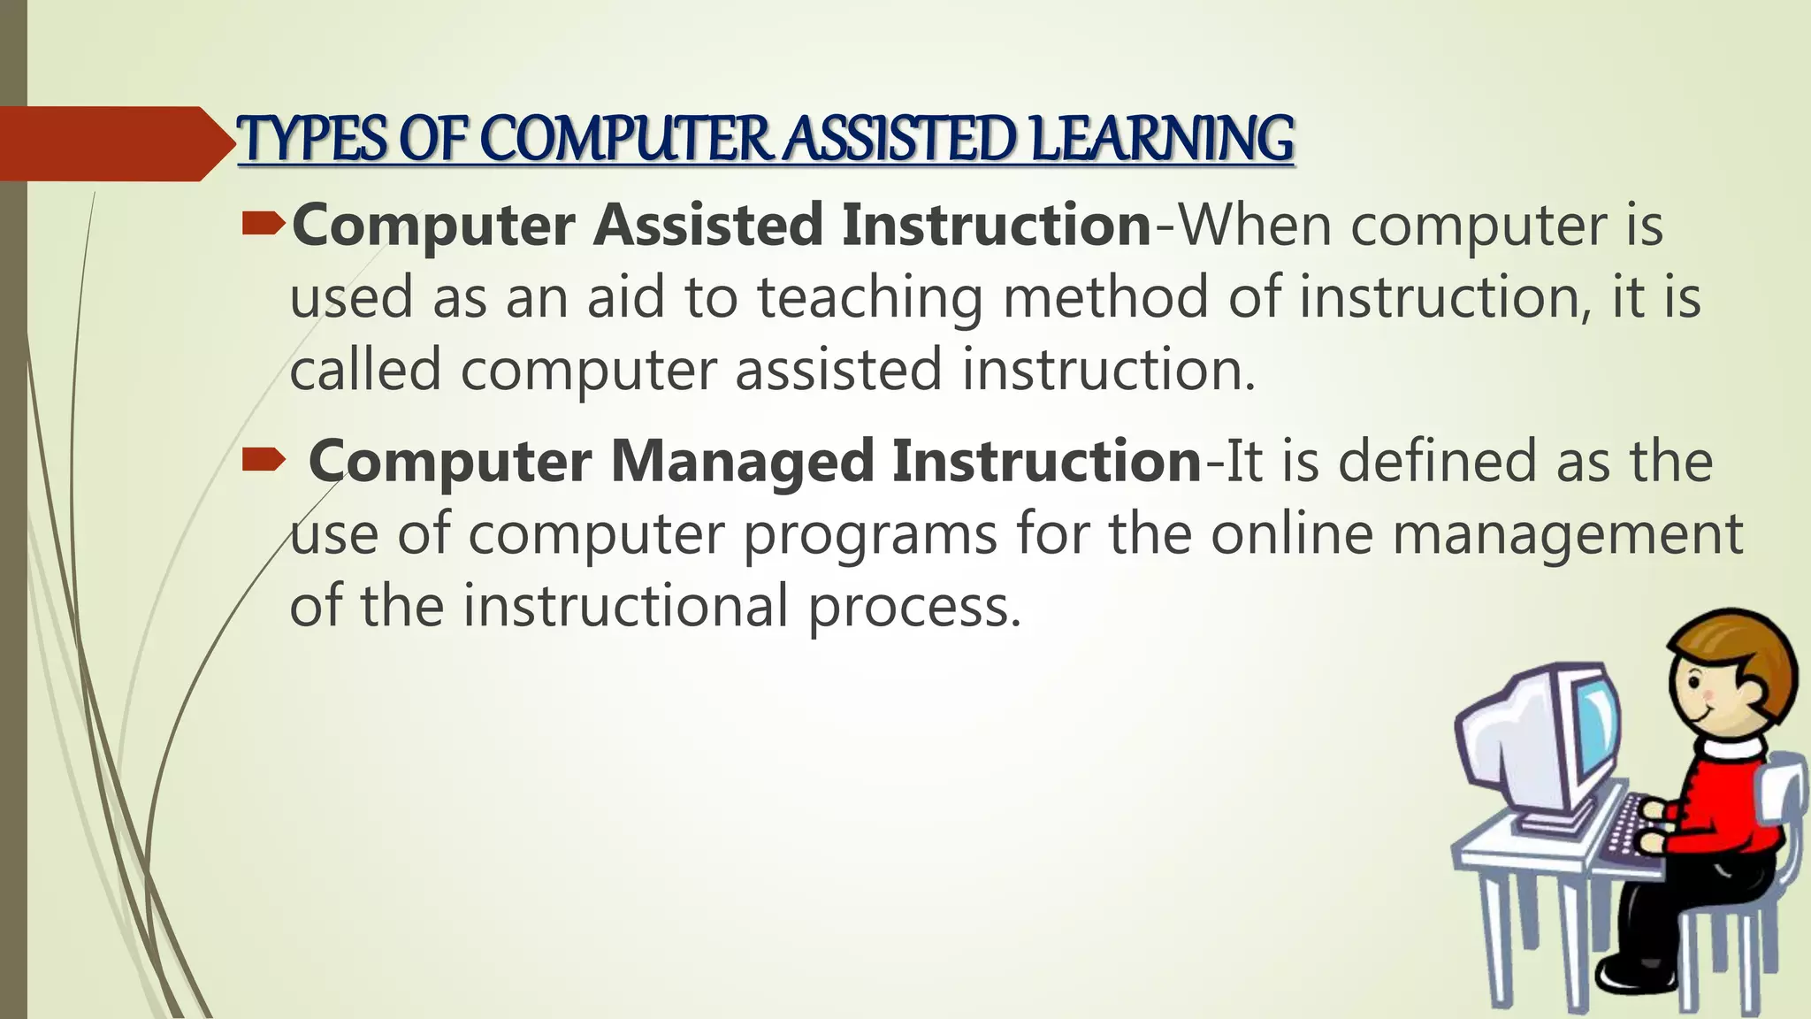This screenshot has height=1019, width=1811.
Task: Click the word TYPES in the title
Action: coord(314,140)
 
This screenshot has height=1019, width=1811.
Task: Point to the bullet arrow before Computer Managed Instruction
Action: coord(263,459)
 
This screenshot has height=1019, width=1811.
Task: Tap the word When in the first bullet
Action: coord(1255,225)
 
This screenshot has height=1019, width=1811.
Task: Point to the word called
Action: coord(365,369)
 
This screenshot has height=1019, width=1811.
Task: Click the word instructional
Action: coord(625,607)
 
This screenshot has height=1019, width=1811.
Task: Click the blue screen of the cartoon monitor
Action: coord(1597,725)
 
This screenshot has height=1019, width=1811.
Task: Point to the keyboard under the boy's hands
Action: coord(1629,827)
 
